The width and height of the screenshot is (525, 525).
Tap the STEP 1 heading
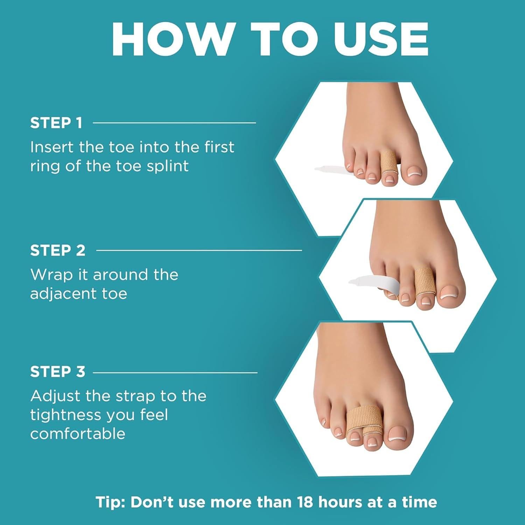pos(56,123)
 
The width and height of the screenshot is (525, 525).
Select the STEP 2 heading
pos(58,251)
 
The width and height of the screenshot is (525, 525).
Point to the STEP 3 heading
pos(58,372)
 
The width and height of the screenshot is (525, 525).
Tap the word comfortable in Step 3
pos(78,434)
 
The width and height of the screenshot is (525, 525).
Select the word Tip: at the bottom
pos(111,502)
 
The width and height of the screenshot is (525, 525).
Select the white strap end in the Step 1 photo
pos(329,169)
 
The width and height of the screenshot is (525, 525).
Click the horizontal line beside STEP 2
pos(199,250)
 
